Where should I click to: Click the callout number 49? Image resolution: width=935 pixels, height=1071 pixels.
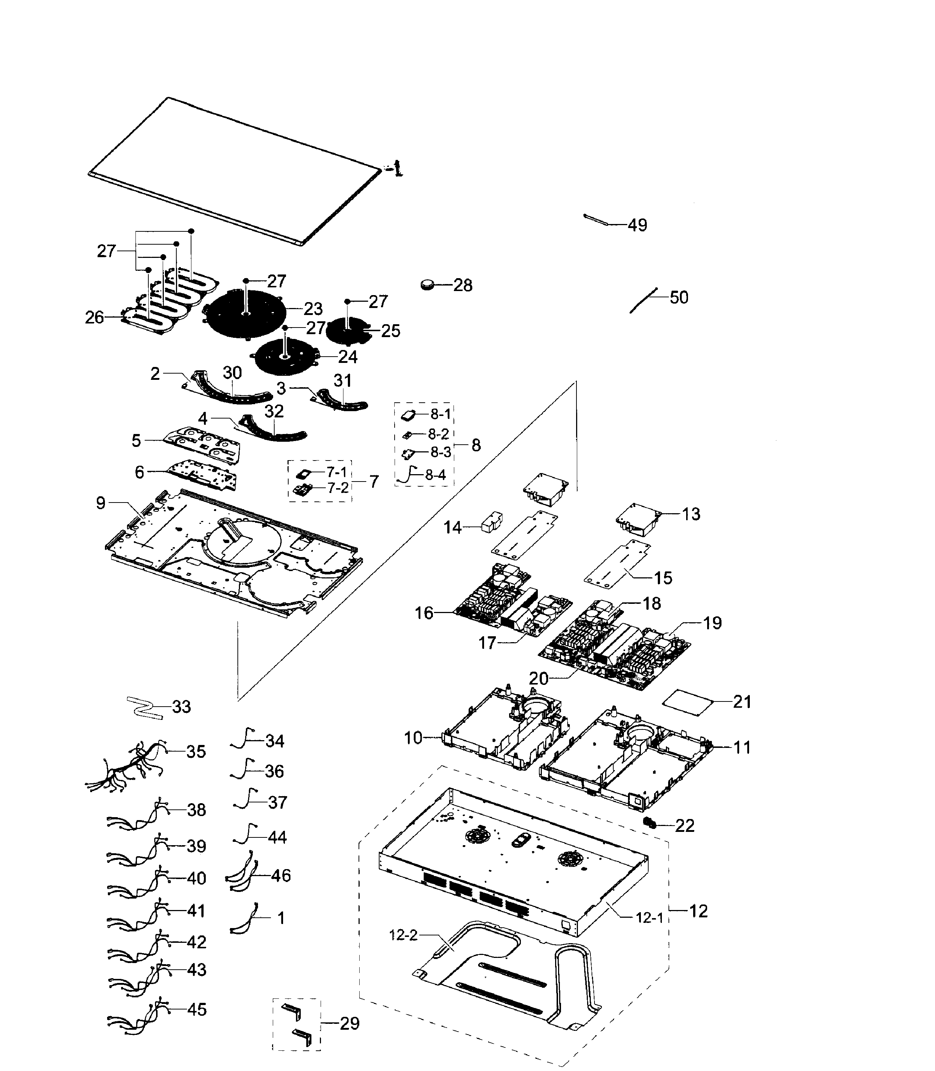[637, 225]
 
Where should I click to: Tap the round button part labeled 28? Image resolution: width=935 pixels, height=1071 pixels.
[428, 284]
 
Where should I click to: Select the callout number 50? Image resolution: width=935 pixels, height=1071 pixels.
[679, 298]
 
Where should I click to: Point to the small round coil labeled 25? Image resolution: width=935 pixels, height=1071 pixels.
[347, 330]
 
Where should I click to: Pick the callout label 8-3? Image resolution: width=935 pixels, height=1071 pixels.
[441, 453]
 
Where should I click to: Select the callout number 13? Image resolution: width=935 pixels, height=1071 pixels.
[691, 514]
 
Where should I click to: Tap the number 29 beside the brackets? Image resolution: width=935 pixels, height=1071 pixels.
[349, 1023]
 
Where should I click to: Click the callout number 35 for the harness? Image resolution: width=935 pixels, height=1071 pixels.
[196, 752]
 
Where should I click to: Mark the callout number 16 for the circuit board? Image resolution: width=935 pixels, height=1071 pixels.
[424, 613]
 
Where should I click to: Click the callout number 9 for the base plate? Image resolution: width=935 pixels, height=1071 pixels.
[101, 503]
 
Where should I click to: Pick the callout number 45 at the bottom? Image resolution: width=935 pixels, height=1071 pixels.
[196, 1009]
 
